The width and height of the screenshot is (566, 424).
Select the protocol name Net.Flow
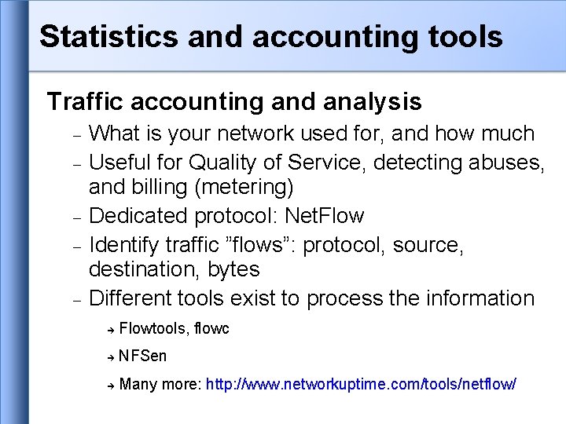[325, 215]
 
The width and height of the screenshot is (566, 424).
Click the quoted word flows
[260, 245]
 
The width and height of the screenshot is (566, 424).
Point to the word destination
[145, 269]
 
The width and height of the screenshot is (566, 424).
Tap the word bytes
[233, 269]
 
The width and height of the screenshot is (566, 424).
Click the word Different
[134, 298]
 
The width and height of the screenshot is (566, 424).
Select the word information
[480, 298]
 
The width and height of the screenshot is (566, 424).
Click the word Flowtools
[153, 328]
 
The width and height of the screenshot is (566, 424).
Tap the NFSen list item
[143, 356]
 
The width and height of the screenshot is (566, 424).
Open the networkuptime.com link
[361, 384]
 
